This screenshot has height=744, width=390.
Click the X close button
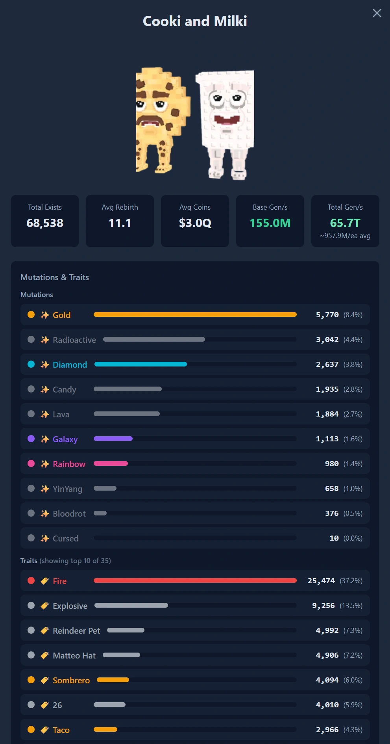377,13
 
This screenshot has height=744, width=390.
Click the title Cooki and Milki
195,21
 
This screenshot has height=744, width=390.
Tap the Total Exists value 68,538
45,223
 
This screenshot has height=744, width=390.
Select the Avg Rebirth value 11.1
120,223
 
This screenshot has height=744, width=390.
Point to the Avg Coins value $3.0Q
195,223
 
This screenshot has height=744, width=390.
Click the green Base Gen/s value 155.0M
270,223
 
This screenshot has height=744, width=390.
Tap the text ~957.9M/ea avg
345,236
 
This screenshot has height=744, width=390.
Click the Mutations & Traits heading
55,277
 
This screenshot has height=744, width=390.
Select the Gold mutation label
62,315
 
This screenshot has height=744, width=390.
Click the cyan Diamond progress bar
140,364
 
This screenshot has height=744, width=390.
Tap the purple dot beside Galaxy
31,439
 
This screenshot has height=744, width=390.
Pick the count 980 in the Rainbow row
332,463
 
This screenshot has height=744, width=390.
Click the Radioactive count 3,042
327,340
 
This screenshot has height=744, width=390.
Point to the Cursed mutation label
66,538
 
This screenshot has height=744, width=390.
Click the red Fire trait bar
195,580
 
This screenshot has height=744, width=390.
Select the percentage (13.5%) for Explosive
351,606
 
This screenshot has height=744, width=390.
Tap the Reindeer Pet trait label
76,631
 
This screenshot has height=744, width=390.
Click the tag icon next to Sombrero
44,680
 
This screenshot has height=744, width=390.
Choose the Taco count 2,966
327,730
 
